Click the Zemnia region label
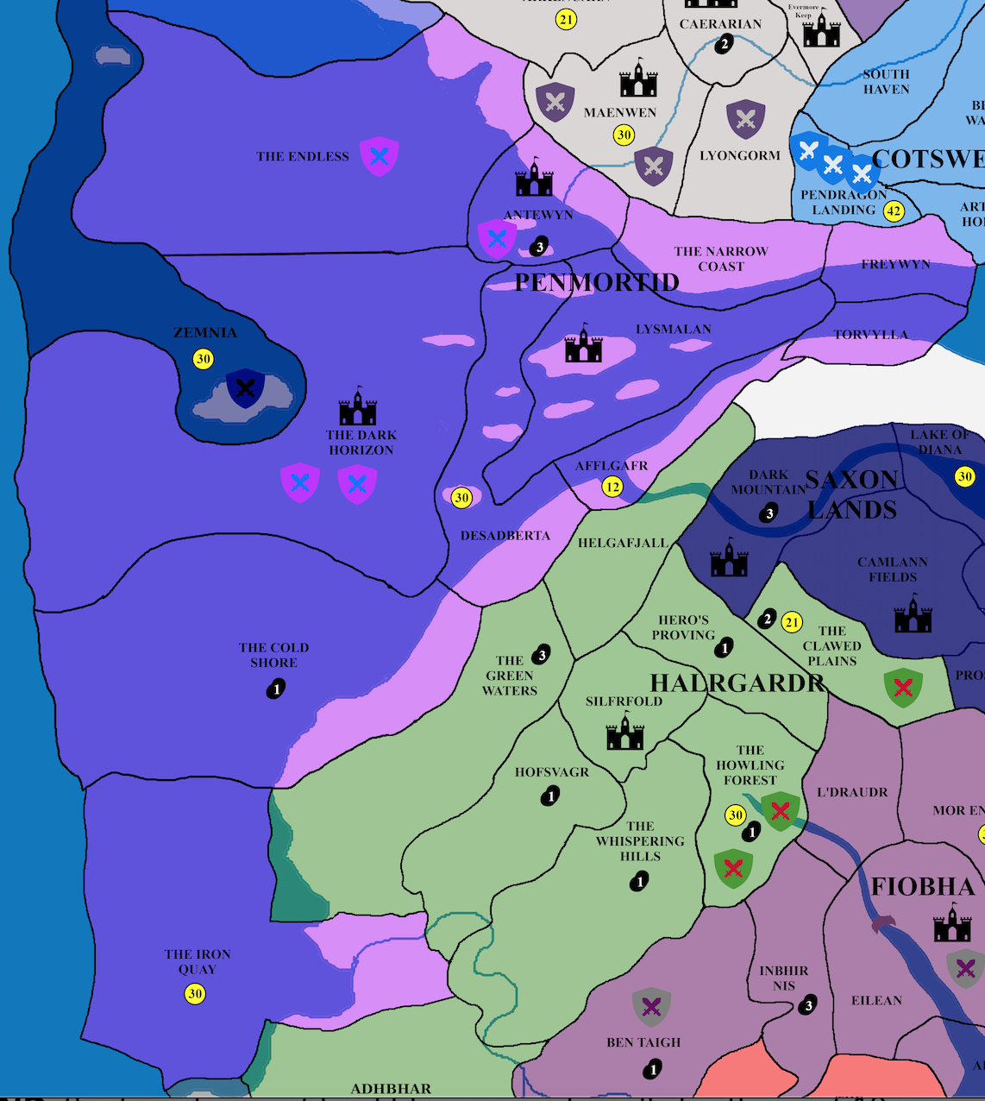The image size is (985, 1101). [204, 333]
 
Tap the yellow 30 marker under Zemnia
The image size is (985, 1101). [203, 359]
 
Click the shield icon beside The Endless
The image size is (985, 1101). [379, 156]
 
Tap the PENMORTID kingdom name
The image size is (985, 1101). [597, 282]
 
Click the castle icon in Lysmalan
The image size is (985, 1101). [583, 344]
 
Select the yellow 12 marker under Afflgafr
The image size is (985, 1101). [612, 487]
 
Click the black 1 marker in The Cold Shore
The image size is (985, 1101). [276, 689]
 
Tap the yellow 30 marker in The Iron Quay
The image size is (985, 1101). [195, 994]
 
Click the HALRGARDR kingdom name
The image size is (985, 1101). [737, 683]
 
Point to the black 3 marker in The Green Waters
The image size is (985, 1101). [542, 655]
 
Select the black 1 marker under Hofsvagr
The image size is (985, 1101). [550, 796]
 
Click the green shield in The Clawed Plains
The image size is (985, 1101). [903, 688]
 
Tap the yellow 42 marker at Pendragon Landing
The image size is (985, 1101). [894, 211]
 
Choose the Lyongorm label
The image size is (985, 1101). [740, 156]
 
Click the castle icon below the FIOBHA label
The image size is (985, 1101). [952, 924]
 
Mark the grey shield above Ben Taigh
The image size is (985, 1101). [651, 1006]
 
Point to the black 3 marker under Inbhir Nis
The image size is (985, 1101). [807, 1005]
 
